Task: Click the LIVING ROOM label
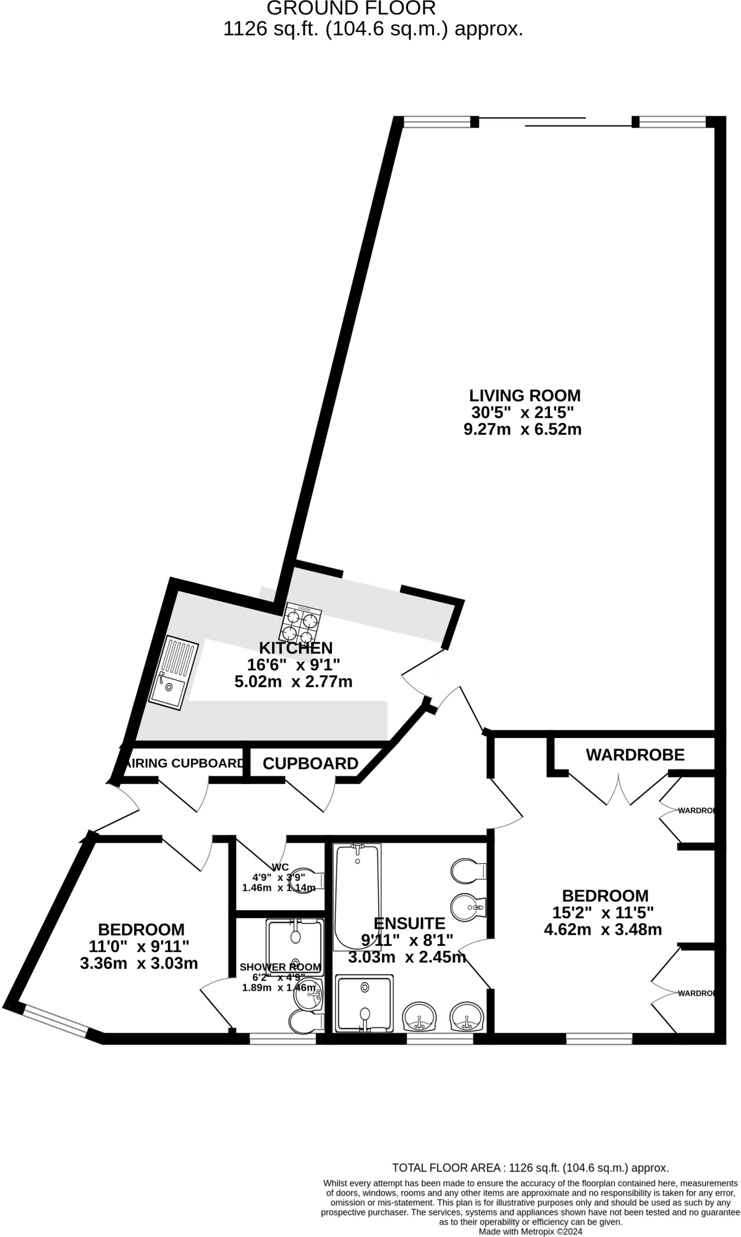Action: click(525, 396)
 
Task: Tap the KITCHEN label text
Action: click(296, 648)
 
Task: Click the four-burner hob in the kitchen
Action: click(300, 623)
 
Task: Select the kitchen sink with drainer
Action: click(173, 672)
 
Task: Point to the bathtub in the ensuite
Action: click(357, 896)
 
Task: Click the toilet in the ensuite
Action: click(468, 870)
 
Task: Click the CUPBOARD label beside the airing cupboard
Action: click(310, 763)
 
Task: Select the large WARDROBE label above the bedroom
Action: click(635, 754)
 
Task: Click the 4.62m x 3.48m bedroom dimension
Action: click(603, 930)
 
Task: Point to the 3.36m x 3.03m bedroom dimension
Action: click(139, 963)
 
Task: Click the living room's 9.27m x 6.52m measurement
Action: click(522, 429)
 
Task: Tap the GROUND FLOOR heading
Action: click(351, 8)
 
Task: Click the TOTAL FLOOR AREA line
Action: click(530, 1168)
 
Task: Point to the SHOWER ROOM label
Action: click(280, 967)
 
